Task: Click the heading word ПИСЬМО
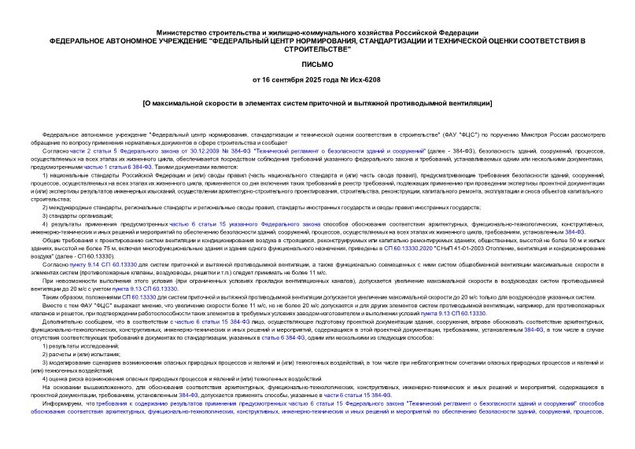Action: (x=318, y=64)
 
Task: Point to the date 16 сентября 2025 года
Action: (x=300, y=80)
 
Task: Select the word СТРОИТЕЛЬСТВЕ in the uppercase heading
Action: (x=318, y=48)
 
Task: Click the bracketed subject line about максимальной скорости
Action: (x=318, y=103)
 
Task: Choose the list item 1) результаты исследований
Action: (x=81, y=345)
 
